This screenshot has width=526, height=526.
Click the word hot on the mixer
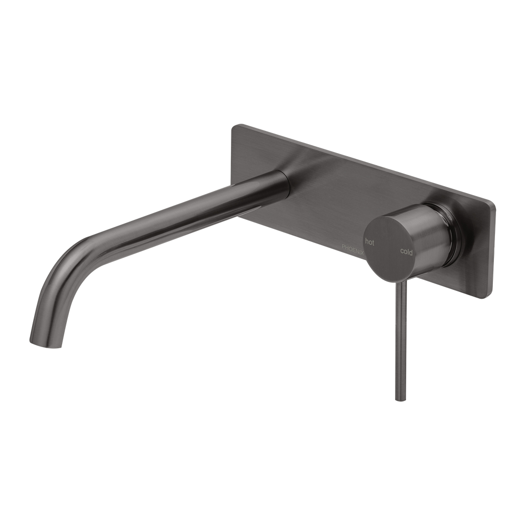(369, 242)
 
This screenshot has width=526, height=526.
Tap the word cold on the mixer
(407, 252)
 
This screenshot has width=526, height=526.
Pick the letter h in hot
(366, 241)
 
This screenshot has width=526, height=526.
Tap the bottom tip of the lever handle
(394, 398)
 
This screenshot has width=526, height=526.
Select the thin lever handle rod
(396, 342)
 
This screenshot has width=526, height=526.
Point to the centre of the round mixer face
(388, 246)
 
